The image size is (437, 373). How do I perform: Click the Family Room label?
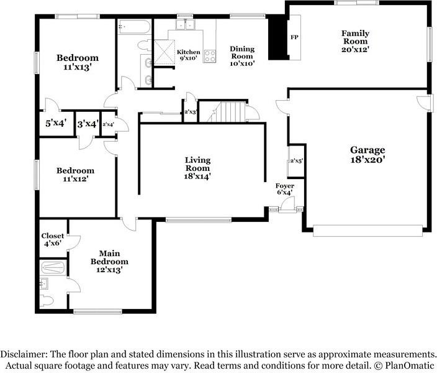click(355, 42)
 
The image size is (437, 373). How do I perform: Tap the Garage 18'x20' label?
click(367, 154)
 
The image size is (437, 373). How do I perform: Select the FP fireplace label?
click(294, 38)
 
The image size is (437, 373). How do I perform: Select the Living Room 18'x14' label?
click(197, 168)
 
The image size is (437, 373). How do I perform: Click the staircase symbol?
click(230, 112)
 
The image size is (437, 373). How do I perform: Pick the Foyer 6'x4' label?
click(285, 189)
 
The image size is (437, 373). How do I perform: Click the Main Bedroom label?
click(109, 261)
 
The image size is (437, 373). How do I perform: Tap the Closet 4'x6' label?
click(53, 240)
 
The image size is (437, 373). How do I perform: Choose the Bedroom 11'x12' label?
click(75, 175)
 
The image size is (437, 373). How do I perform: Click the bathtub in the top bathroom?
click(133, 27)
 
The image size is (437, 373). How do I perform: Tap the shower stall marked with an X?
click(163, 52)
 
